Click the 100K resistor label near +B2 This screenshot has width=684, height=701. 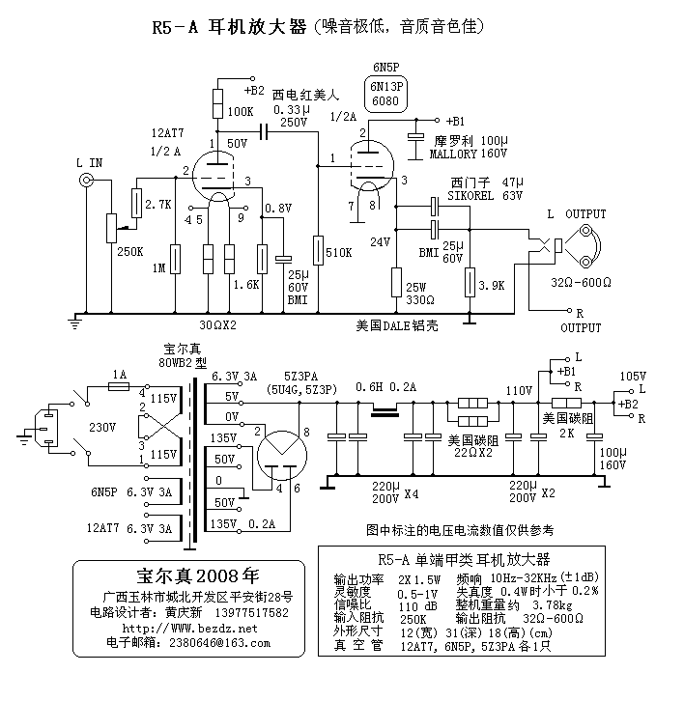[241, 112]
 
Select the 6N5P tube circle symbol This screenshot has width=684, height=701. [371, 160]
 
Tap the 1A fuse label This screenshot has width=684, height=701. [119, 373]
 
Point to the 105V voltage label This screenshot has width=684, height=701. [633, 375]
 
